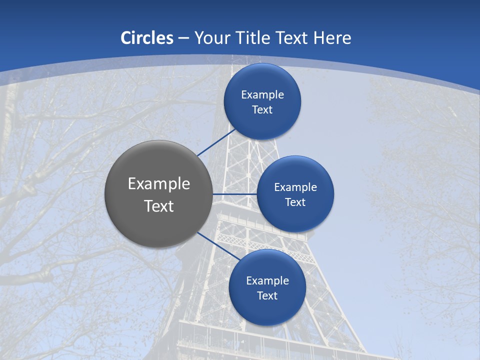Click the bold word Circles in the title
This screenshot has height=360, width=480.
coord(147,38)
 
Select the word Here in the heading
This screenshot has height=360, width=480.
coord(332,38)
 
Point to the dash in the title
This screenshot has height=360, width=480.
coord(183,38)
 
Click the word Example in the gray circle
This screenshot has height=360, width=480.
coord(159,184)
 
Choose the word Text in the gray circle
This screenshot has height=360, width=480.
coord(159,206)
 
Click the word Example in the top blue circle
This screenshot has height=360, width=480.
coord(262,95)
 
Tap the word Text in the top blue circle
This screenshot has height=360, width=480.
coord(262,110)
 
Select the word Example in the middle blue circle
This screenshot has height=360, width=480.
coord(295,187)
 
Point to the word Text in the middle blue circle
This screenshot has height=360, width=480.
coord(295,202)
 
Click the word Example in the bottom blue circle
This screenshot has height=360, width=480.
coord(267,281)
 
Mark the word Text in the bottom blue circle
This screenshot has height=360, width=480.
coord(267,296)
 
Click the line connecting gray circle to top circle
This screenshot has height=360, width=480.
coord(216,142)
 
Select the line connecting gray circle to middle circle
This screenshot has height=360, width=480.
coord(235,194)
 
